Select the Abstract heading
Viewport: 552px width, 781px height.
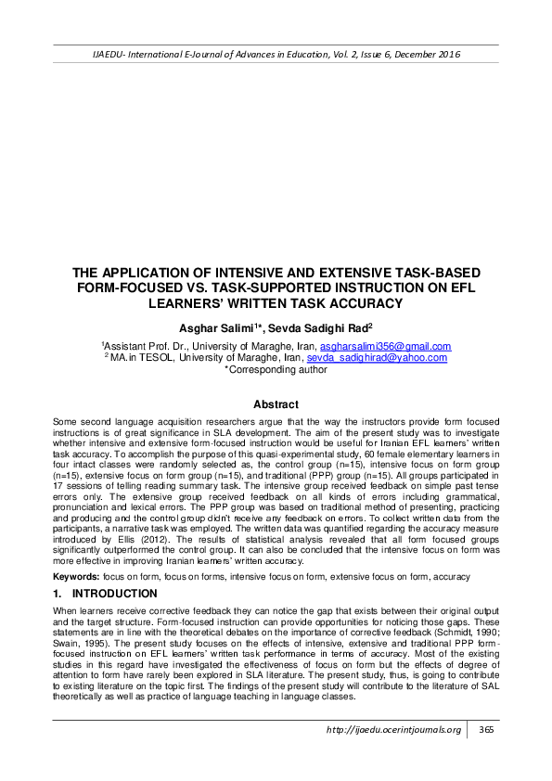pyautogui.click(x=276, y=404)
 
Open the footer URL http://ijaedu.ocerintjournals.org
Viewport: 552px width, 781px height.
pyautogui.click(x=393, y=755)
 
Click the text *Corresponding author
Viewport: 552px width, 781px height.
pyautogui.click(x=276, y=369)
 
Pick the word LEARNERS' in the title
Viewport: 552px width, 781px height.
pyautogui.click(x=226, y=303)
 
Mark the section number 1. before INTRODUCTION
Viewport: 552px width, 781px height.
pyautogui.click(x=57, y=593)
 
